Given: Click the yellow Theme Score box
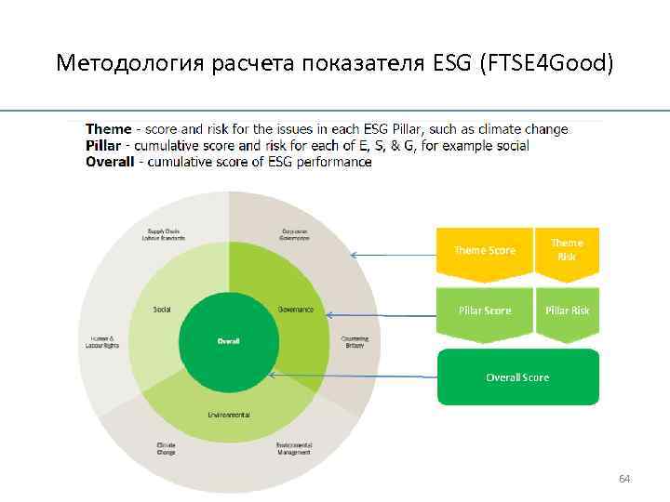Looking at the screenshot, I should (x=484, y=251).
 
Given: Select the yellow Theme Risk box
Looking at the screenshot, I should (x=567, y=249).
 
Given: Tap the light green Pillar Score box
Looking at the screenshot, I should (x=484, y=310).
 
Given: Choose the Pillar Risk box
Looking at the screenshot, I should (x=567, y=310).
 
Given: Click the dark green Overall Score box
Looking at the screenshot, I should (x=517, y=377).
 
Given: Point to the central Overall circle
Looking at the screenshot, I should (x=229, y=341).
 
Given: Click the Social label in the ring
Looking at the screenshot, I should (x=162, y=309).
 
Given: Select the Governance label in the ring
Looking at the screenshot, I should (x=295, y=309).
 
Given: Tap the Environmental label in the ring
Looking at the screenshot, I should (x=229, y=415).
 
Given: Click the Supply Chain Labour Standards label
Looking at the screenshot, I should (x=167, y=235).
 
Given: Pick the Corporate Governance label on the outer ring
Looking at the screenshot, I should (x=295, y=235).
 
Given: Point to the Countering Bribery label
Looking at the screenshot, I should (x=355, y=341).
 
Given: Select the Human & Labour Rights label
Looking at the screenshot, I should (x=102, y=341).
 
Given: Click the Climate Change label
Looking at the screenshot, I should (x=166, y=449).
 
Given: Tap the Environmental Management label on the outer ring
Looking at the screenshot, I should (x=295, y=449).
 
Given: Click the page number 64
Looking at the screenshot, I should (x=624, y=479).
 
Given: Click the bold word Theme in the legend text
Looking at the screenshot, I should (x=108, y=129).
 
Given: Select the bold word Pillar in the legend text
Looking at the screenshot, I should (x=104, y=146).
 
